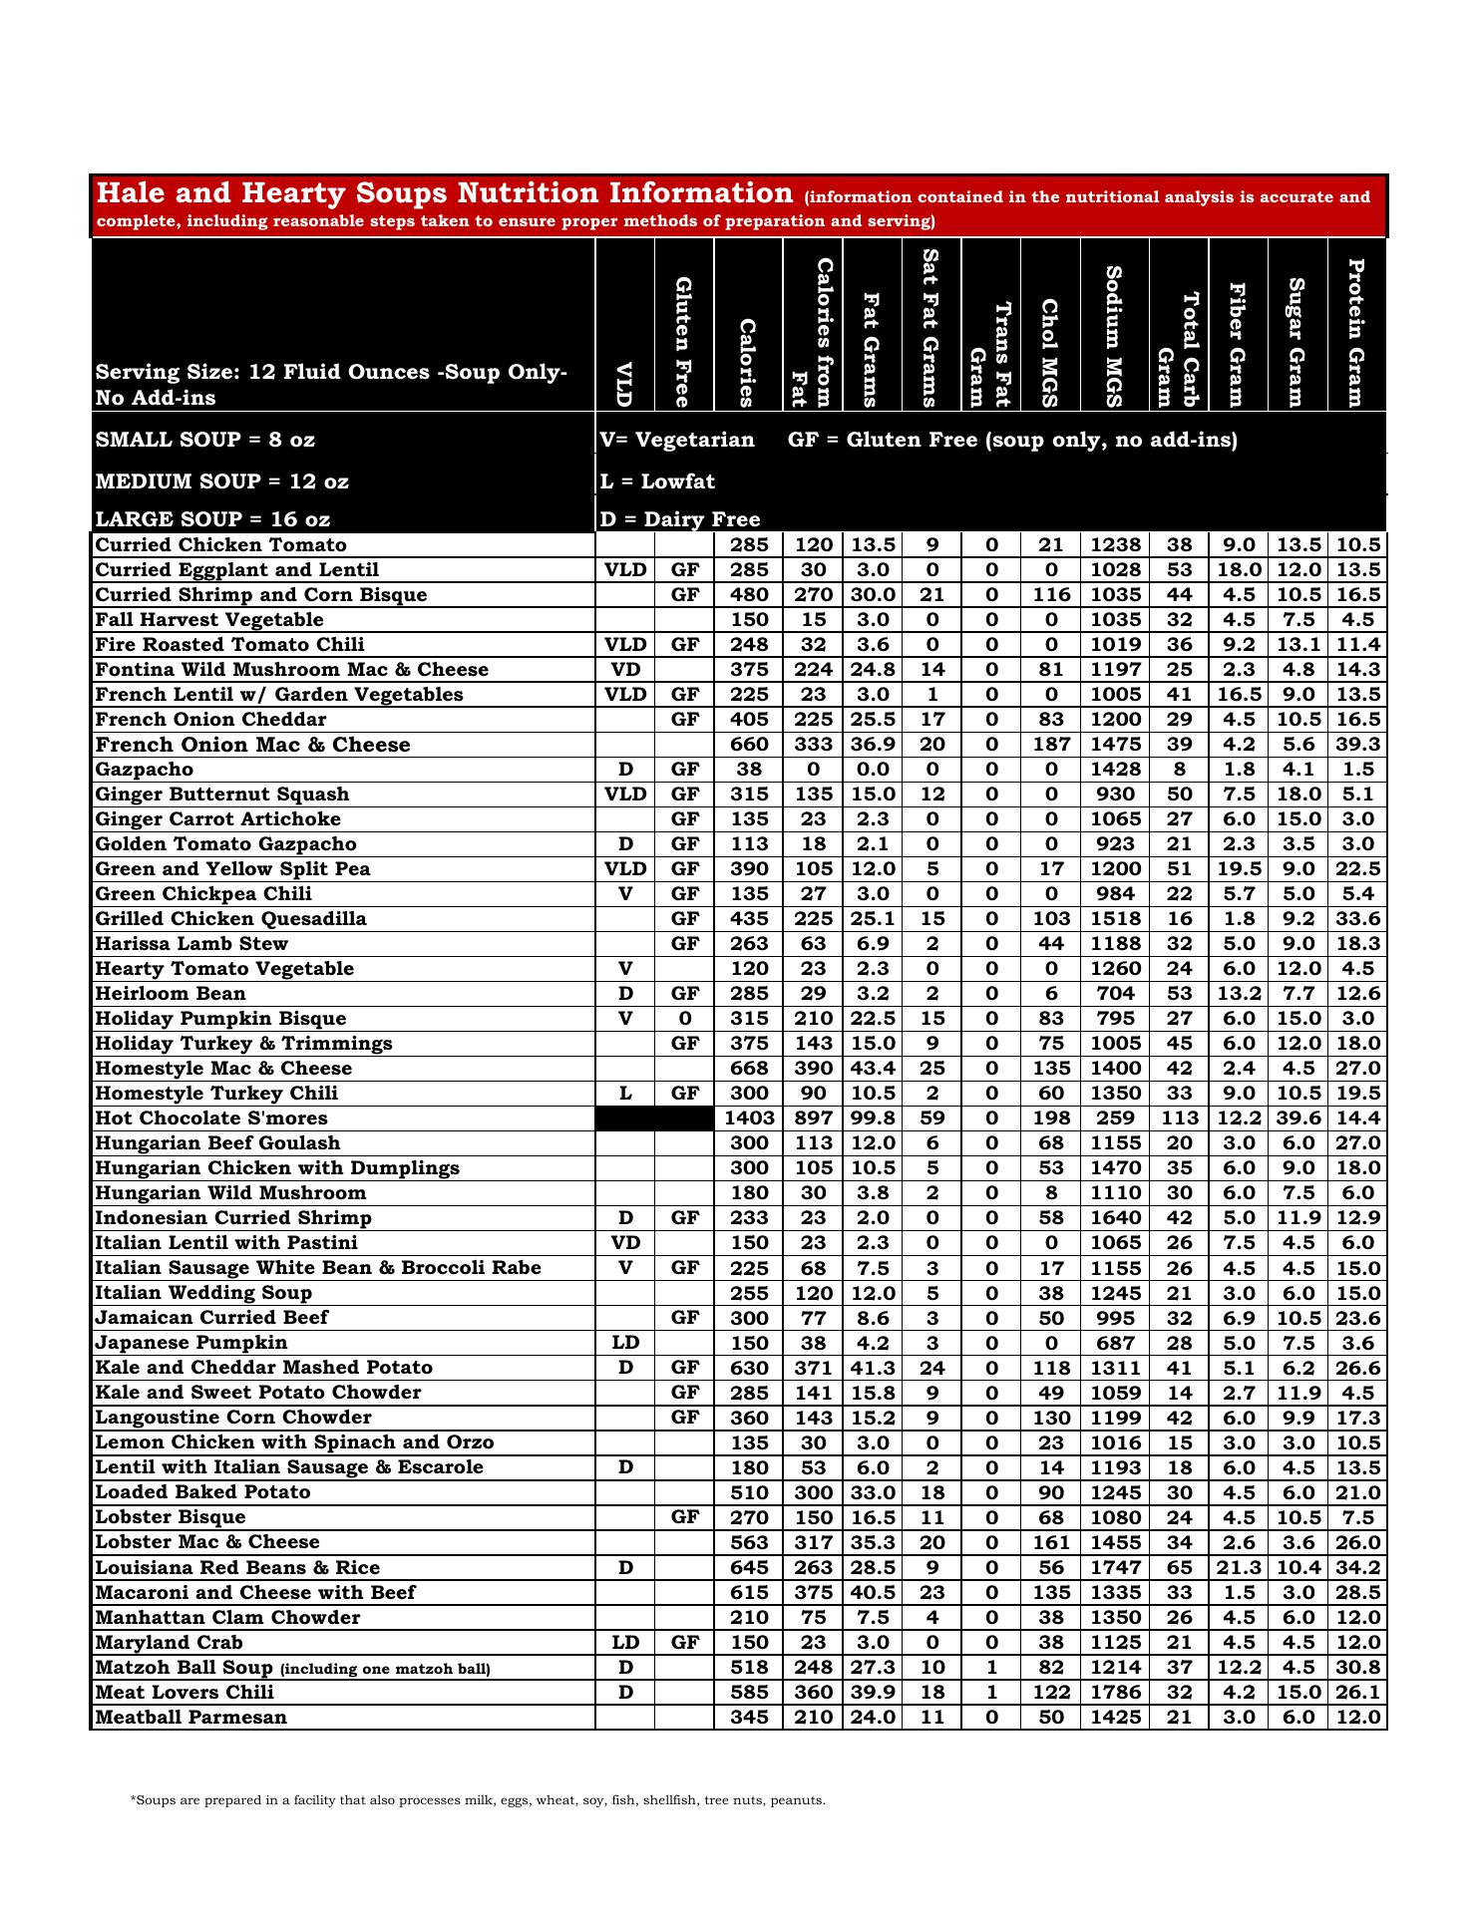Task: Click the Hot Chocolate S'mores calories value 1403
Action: pyautogui.click(x=749, y=1118)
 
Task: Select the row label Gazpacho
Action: pyautogui.click(x=145, y=770)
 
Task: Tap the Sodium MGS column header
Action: pyautogui.click(x=1114, y=337)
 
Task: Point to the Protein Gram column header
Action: pyautogui.click(x=1356, y=333)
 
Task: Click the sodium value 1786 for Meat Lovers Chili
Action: pyautogui.click(x=1115, y=1693)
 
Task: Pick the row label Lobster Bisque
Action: pyautogui.click(x=171, y=1517)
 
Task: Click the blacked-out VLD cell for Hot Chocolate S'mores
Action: pyautogui.click(x=625, y=1118)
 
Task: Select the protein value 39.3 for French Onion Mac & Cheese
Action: pyautogui.click(x=1357, y=745)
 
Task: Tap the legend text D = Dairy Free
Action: pyautogui.click(x=680, y=519)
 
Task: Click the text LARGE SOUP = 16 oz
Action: pyautogui.click(x=212, y=519)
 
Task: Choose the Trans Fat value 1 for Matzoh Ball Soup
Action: pyautogui.click(x=991, y=1668)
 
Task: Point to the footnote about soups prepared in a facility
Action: pyautogui.click(x=478, y=1800)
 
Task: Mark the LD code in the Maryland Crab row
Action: pyautogui.click(x=625, y=1643)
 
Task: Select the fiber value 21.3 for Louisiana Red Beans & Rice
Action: pyautogui.click(x=1239, y=1568)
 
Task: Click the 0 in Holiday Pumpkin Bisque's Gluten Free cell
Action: pyautogui.click(x=685, y=1019)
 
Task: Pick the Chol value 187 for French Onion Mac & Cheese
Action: pyautogui.click(x=1051, y=745)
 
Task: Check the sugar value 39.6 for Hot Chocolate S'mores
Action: pyautogui.click(x=1297, y=1118)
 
